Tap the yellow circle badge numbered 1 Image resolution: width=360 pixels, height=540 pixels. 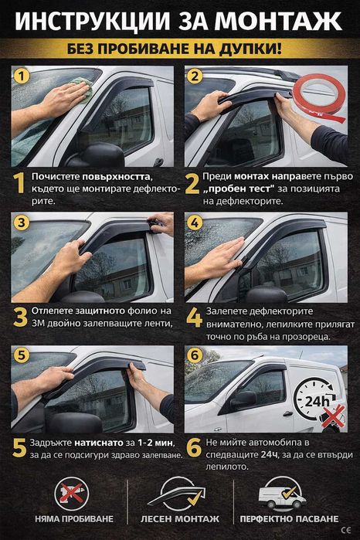pyautogui.click(x=23, y=77)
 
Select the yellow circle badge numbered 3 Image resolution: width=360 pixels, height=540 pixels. pyautogui.click(x=23, y=223)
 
